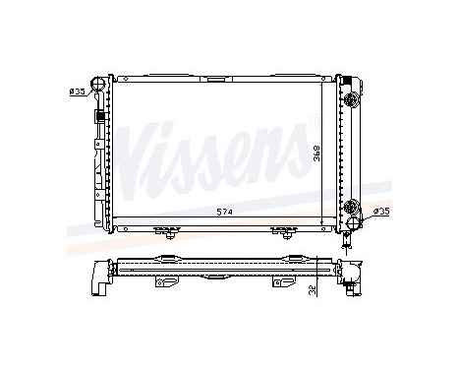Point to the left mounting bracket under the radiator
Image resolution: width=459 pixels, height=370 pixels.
pyautogui.click(x=171, y=233)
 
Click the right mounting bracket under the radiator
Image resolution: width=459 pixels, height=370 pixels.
pyautogui.click(x=285, y=233)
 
